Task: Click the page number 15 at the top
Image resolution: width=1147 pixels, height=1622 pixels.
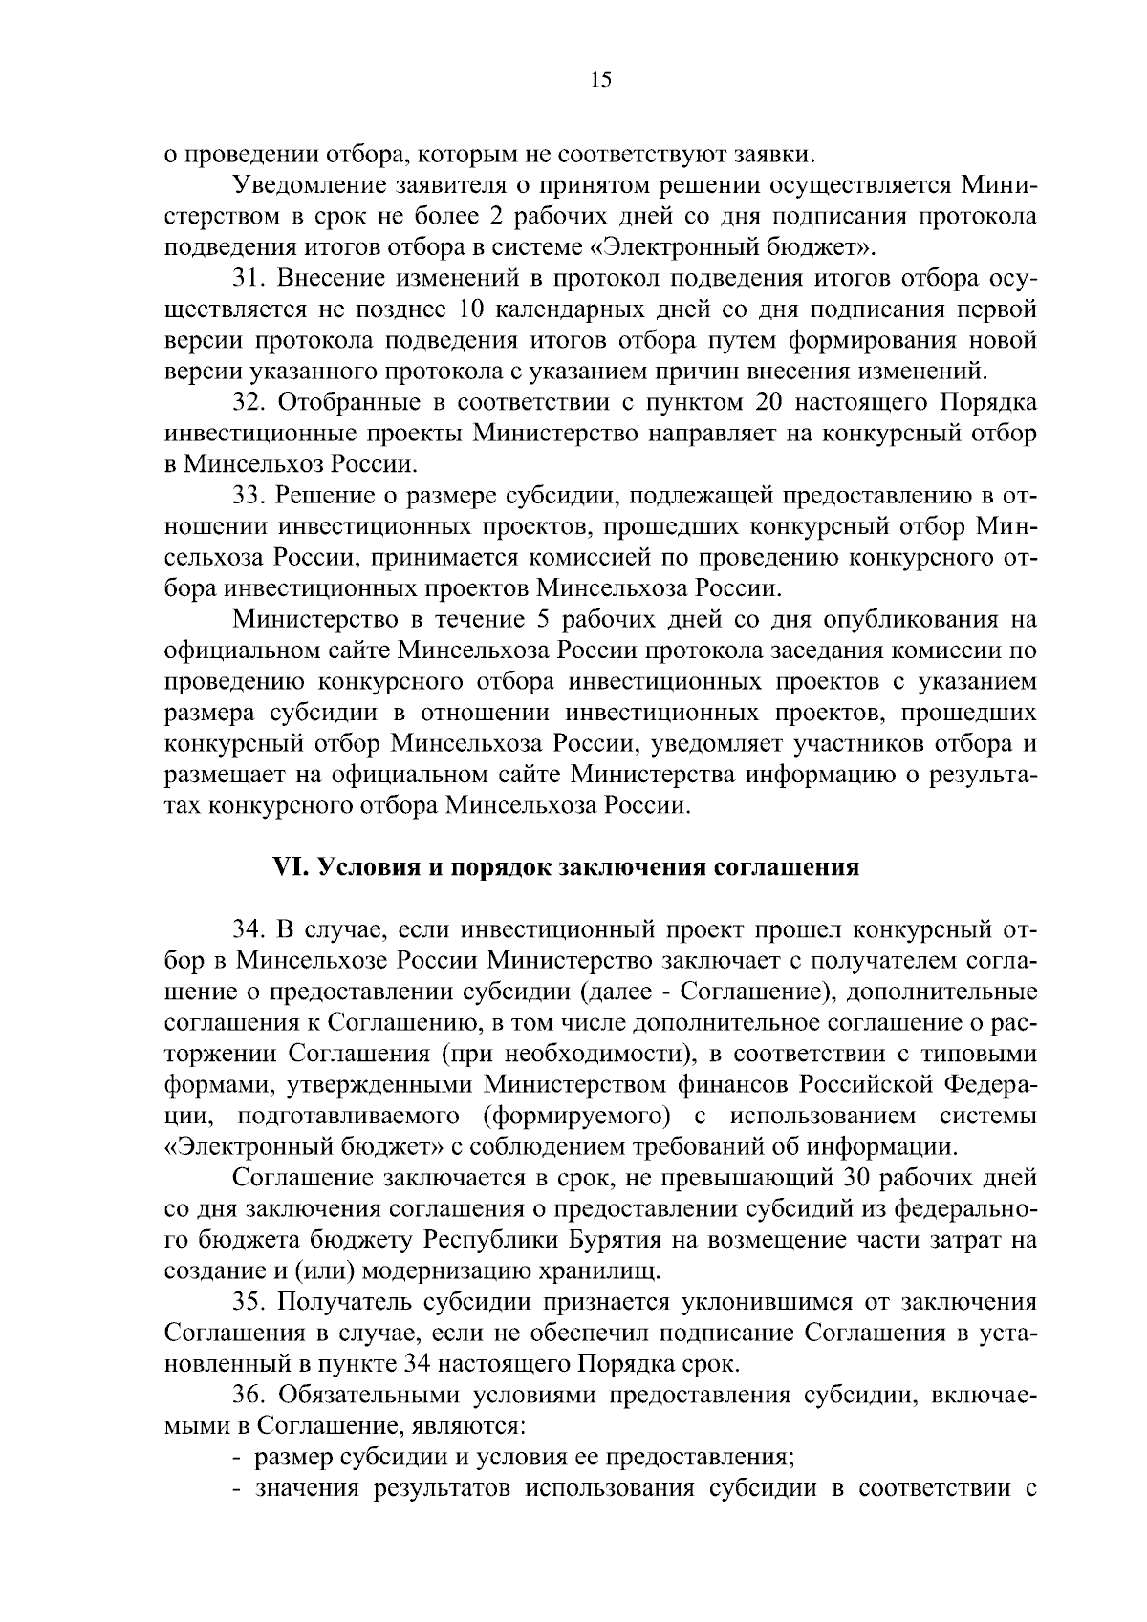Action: (x=600, y=80)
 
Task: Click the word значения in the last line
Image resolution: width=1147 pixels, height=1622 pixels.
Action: (x=310, y=1489)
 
